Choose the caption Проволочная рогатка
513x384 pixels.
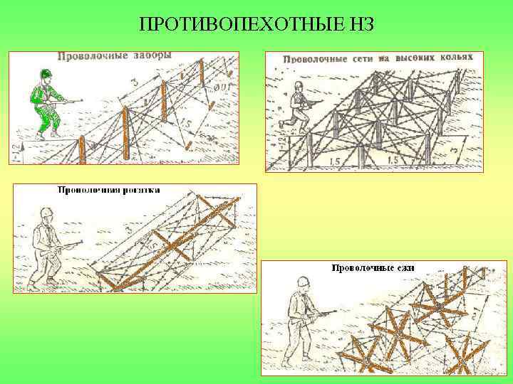point(108,190)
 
